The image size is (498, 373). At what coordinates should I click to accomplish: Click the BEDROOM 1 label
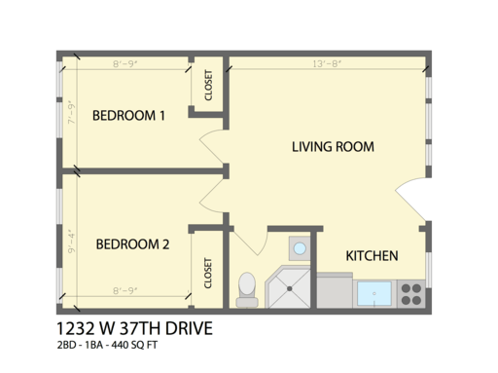pos(127,116)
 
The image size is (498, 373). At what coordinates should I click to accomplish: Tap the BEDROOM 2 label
pos(133,244)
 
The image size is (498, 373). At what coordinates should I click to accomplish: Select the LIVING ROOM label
pos(334,147)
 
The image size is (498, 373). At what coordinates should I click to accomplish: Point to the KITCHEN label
pos(372,256)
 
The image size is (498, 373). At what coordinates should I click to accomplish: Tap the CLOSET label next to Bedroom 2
pos(208,273)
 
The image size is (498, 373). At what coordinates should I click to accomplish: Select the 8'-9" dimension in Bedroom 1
pos(128,65)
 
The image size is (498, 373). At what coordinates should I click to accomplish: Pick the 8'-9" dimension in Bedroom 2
pos(128,290)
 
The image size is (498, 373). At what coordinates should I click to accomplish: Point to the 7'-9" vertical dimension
pos(71,118)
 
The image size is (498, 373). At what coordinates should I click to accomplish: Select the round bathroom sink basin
pos(300,249)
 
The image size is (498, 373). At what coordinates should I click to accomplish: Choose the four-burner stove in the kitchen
pos(409,291)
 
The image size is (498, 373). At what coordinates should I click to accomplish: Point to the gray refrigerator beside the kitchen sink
pos(336,289)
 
